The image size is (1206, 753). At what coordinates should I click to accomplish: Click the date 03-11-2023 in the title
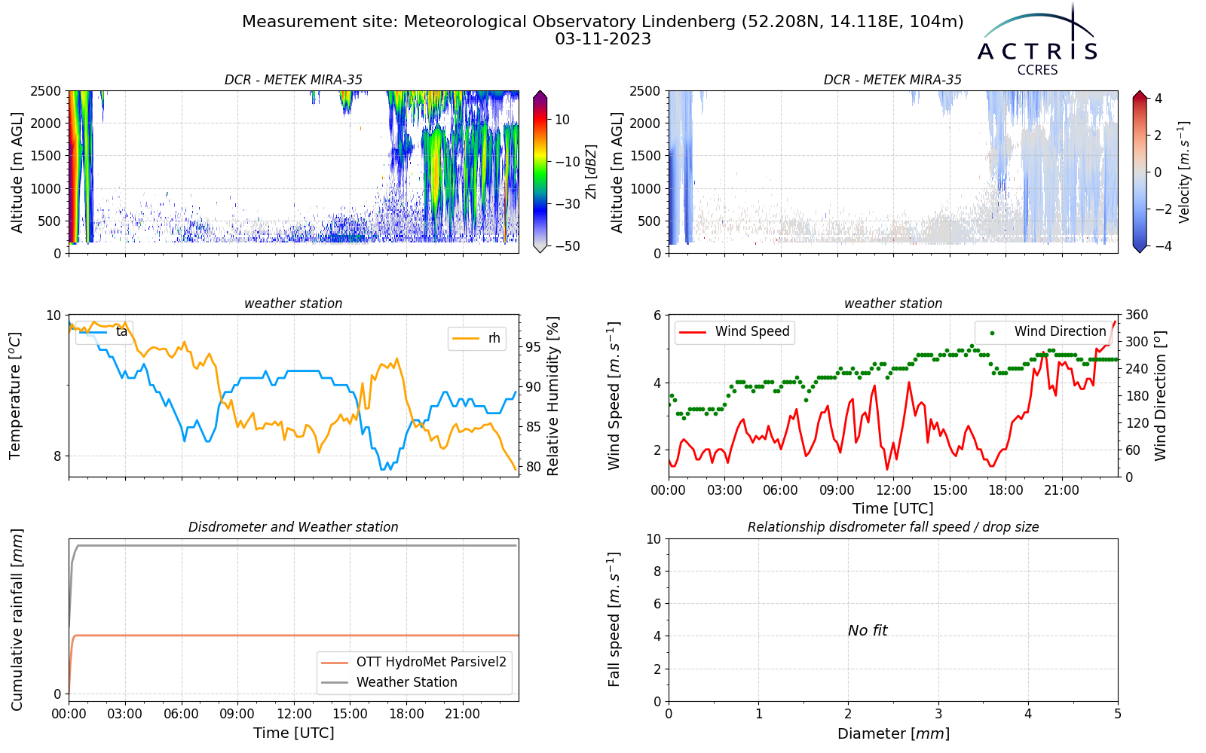[603, 39]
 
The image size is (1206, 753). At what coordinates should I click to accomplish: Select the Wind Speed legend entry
[734, 331]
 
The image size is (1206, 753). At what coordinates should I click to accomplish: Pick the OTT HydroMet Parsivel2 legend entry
[414, 662]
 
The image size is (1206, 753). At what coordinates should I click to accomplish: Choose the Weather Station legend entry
[389, 682]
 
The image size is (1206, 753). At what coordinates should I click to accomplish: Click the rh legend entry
[477, 338]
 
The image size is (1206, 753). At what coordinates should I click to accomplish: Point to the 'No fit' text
[868, 630]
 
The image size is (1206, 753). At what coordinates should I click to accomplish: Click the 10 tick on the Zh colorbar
[562, 120]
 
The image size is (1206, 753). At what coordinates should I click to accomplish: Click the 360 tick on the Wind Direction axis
[1137, 315]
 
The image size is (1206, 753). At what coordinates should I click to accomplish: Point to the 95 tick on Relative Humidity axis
[533, 347]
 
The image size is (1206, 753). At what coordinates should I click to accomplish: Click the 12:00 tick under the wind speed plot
[893, 490]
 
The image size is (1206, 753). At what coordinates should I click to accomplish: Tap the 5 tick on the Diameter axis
[1118, 714]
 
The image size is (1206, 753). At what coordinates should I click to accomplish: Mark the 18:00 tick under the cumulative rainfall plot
[406, 714]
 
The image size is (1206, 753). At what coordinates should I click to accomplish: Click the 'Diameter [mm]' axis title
[893, 733]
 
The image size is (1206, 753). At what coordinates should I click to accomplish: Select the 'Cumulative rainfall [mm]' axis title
[17, 620]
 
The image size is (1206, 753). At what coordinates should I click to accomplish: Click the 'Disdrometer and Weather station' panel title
[293, 527]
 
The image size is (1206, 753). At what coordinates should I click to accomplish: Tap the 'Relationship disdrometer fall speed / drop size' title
[893, 527]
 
